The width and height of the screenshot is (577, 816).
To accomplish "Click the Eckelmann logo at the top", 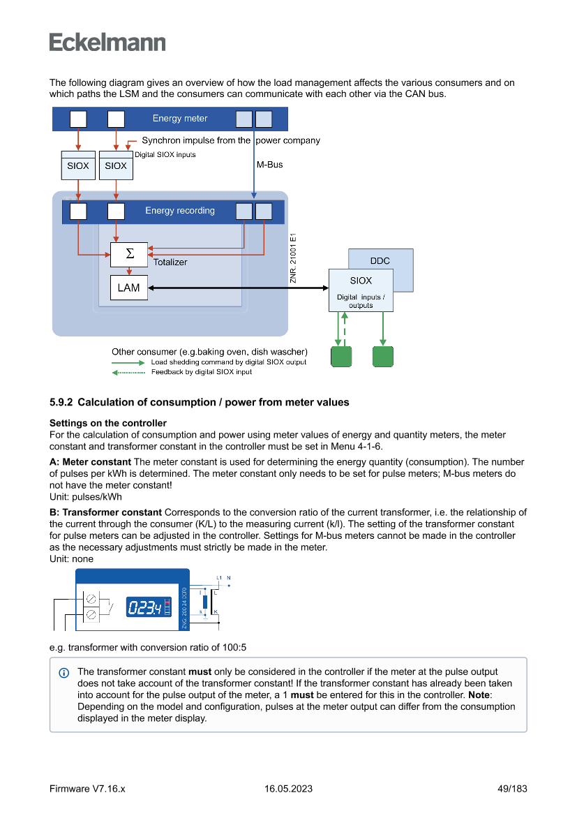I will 107,42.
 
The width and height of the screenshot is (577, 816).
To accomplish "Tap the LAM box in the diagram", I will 129,288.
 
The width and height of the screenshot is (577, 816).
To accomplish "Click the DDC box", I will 380,261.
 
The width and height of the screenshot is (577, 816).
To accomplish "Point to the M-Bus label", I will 269,165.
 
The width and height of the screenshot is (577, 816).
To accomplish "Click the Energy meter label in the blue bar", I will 180,119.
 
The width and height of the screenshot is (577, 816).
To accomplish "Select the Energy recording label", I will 180,211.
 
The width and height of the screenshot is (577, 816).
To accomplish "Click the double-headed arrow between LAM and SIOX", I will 237,288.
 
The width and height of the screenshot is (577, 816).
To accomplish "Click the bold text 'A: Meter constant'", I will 90,462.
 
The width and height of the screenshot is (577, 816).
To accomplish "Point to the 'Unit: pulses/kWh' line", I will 86,497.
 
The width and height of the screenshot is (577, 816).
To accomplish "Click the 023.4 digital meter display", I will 144,608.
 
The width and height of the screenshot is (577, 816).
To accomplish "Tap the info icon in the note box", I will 64,673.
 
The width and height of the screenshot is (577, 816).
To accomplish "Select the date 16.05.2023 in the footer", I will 288,789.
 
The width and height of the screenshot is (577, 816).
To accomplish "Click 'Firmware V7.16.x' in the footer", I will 87,789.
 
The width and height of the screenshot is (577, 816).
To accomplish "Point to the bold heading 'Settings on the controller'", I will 108,423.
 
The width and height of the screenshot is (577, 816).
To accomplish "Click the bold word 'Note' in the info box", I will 478,695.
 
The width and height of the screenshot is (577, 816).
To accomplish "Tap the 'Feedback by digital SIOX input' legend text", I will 202,372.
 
